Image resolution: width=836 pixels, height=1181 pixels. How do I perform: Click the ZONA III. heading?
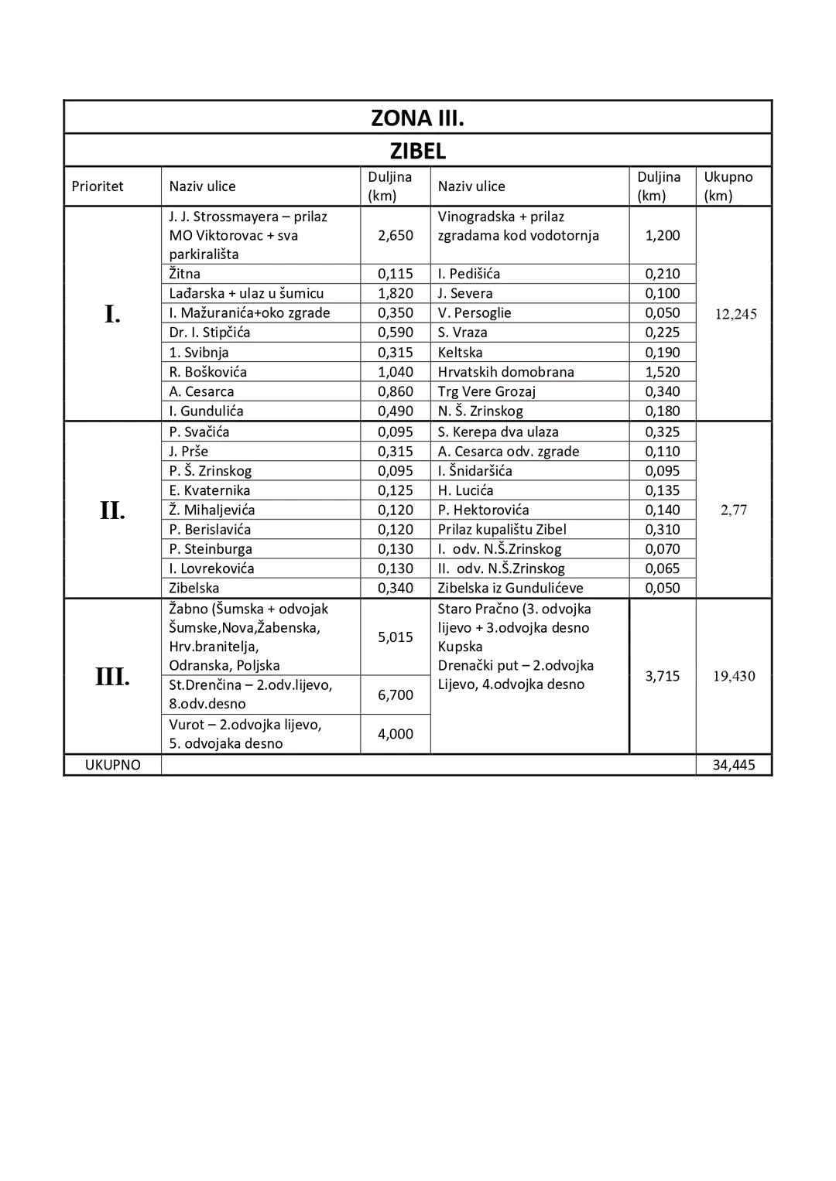click(417, 118)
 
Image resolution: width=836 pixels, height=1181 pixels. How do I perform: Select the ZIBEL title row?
click(417, 150)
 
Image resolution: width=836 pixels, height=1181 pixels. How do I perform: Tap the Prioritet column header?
click(98, 186)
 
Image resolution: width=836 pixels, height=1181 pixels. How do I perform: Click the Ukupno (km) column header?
click(728, 186)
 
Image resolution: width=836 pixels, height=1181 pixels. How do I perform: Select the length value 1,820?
click(395, 293)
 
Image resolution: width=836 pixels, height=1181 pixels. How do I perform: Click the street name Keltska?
click(460, 353)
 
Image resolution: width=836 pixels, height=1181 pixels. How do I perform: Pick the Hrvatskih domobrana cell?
click(506, 372)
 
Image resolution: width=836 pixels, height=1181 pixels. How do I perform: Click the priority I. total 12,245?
click(735, 314)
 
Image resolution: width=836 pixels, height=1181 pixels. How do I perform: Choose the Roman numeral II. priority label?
click(112, 510)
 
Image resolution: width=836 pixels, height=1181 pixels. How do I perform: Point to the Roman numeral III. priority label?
click(112, 677)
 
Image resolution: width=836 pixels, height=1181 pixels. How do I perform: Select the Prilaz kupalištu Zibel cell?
click(502, 529)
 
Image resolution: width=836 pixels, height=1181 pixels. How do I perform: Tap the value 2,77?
click(734, 510)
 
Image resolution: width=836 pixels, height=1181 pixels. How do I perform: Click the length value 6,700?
click(395, 695)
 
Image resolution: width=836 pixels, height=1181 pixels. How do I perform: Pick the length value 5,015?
click(395, 637)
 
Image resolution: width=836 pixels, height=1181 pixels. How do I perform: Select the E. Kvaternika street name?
click(210, 490)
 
